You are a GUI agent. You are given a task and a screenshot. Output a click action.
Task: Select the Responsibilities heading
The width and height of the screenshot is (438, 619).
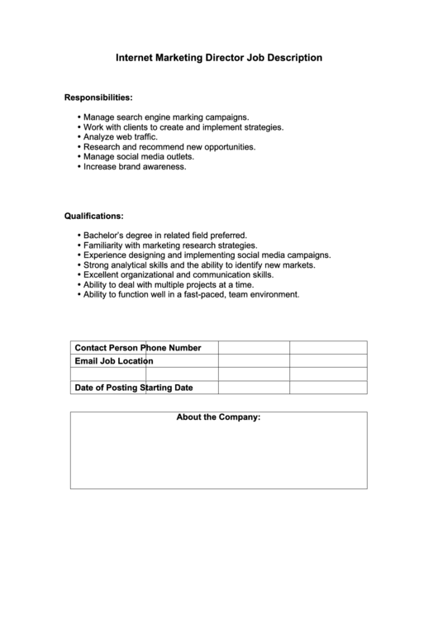[98, 98]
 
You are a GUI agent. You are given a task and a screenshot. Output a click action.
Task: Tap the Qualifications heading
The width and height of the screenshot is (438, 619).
[94, 216]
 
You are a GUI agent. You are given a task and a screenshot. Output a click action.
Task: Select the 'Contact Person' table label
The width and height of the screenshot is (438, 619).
[107, 347]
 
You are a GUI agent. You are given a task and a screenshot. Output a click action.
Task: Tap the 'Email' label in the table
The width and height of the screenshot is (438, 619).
[86, 361]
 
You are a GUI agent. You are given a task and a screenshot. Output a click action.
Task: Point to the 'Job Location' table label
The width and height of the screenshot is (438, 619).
[126, 361]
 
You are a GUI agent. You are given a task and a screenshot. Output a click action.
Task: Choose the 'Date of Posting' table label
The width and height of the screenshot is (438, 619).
[107, 387]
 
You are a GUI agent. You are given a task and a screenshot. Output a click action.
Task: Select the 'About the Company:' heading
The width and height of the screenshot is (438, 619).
[218, 417]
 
